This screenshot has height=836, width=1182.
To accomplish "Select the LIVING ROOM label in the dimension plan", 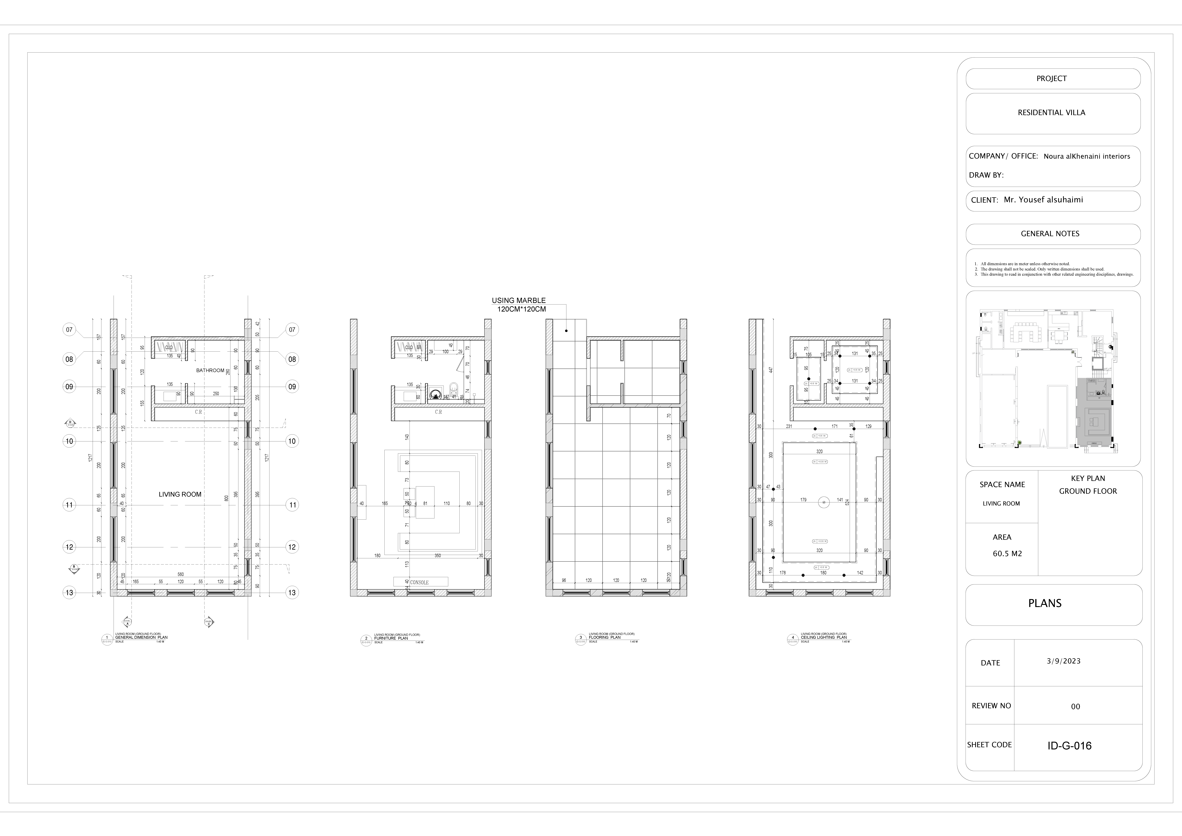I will (180, 494).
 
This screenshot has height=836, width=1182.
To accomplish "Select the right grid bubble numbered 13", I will (292, 593).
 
